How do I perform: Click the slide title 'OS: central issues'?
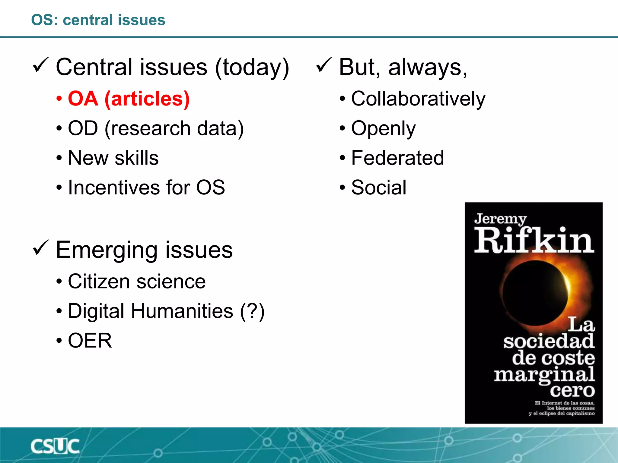coord(98,20)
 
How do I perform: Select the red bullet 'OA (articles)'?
coord(129,99)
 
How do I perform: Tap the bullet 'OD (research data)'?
coord(156,128)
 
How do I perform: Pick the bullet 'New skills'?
coord(113,158)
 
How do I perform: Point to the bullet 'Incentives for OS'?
coord(146,187)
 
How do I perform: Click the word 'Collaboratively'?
coord(418,99)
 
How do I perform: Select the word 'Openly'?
coord(383,128)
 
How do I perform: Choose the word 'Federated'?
coord(397,158)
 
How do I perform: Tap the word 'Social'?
coord(379,187)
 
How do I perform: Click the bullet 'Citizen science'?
coord(137,281)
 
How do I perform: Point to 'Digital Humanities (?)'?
coord(166,311)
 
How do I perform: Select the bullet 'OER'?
coord(90,340)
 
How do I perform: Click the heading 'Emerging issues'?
coord(144,250)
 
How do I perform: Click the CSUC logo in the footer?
coord(55,446)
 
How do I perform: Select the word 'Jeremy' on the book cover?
coord(500,219)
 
